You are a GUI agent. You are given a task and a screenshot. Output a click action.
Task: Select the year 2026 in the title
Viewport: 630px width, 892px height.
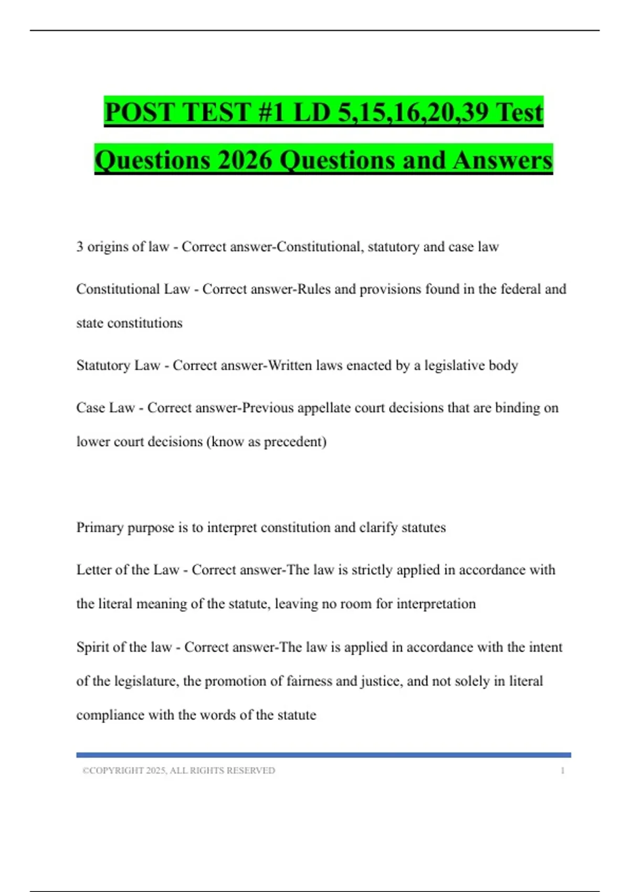(x=245, y=160)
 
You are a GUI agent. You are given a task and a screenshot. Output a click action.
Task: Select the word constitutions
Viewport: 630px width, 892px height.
(x=152, y=323)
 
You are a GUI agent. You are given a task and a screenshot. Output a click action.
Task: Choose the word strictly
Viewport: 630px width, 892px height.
(x=372, y=570)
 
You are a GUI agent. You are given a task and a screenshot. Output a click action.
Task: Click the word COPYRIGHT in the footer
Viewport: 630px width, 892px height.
(x=117, y=770)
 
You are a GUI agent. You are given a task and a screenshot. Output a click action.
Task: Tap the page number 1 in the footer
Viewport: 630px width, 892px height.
(x=562, y=770)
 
